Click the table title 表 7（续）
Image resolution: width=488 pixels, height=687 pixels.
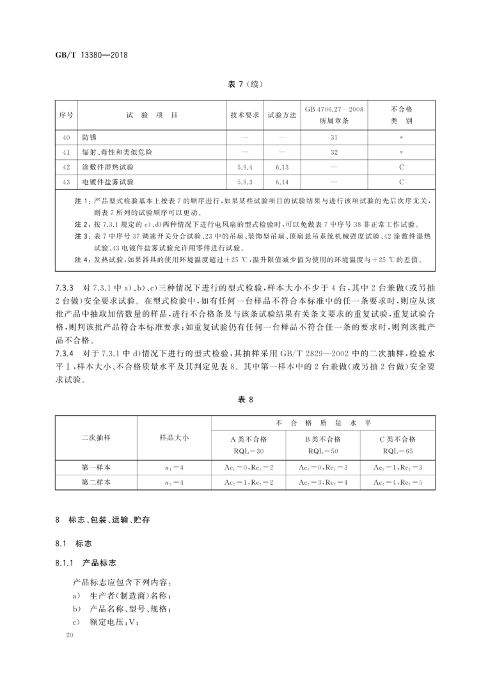pos(244,84)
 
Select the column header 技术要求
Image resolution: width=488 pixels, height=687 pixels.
pos(244,115)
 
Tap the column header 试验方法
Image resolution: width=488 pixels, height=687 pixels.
pos(282,115)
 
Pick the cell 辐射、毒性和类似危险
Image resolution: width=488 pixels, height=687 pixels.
pos(117,153)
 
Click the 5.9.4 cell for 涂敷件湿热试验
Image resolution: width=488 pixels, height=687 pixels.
pos(244,167)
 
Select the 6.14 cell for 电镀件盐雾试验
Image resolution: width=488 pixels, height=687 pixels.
pos(282,182)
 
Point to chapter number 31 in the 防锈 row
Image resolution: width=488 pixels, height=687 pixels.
pos(334,138)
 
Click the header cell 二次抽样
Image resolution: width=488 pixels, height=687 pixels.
pos(95,437)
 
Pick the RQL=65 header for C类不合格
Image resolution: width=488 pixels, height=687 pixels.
pos(398,451)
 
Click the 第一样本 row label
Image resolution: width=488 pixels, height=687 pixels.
pos(95,468)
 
